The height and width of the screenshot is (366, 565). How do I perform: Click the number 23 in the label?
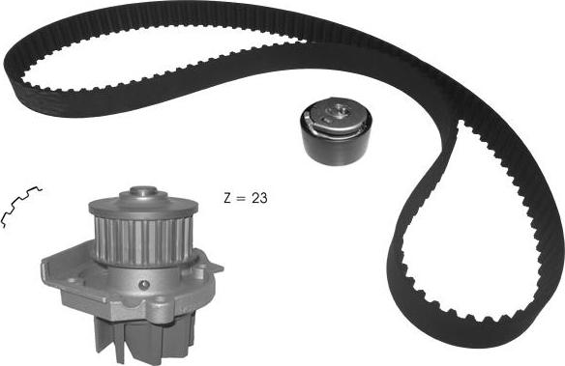(259, 198)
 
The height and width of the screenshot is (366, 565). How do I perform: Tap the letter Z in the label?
(227, 198)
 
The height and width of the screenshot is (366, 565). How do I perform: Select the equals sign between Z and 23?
(240, 199)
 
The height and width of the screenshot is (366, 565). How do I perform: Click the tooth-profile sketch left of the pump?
(21, 206)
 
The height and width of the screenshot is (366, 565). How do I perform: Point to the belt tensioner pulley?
(336, 131)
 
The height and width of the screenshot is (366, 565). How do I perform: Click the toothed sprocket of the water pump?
(143, 239)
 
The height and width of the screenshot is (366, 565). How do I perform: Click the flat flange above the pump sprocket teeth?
(143, 208)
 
